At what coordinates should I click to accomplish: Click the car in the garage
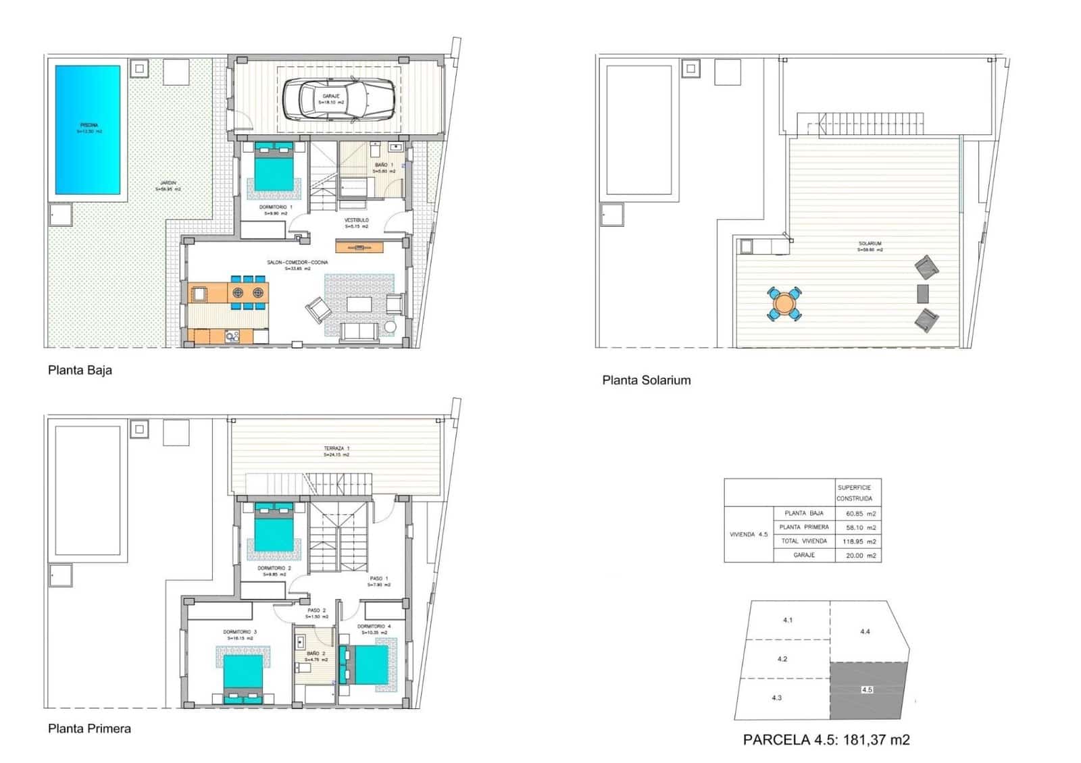pos(338,99)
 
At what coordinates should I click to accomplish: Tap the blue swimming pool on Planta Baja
pos(88,128)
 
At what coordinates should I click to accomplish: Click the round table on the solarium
pos(784,303)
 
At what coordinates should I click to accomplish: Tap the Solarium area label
pos(870,244)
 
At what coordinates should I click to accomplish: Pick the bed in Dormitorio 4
pos(369,665)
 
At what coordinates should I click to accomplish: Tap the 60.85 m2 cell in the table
pos(860,514)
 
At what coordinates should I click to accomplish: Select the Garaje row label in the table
pos(804,555)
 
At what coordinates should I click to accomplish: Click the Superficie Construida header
pos(855,493)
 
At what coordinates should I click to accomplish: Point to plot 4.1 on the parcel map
pos(788,620)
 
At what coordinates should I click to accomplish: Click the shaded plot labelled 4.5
pos(868,690)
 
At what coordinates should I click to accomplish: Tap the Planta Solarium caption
pos(646,380)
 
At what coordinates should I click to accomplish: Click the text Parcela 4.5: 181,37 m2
pos(826,739)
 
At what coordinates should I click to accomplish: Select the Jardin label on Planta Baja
pos(168,185)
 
